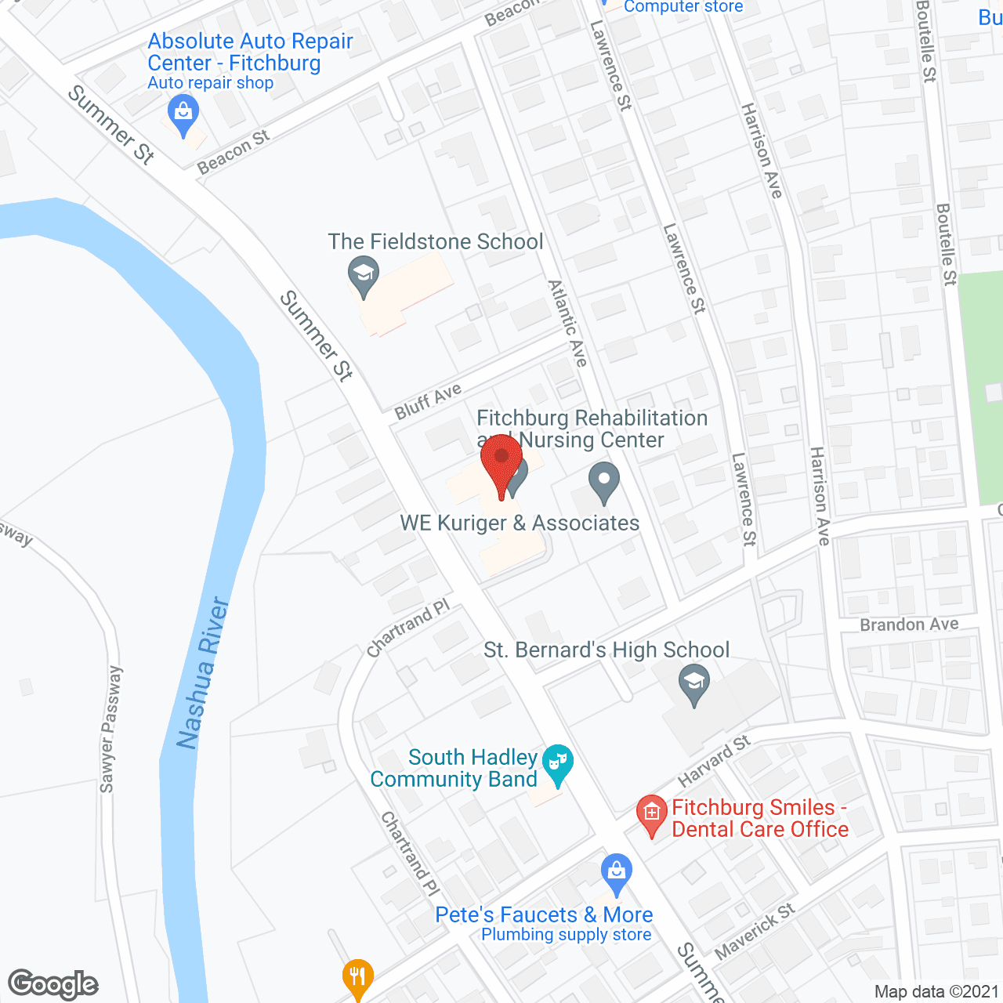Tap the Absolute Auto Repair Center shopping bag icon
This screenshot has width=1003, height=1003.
(183, 114)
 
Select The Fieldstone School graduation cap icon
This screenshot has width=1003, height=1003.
(363, 275)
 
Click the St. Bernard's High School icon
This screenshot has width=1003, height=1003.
(693, 683)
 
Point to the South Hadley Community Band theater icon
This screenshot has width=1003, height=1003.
(557, 763)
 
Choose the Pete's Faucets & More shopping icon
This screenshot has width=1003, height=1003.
(617, 872)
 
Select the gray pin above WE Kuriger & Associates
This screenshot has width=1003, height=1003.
(603, 481)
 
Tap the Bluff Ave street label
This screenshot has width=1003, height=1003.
(428, 401)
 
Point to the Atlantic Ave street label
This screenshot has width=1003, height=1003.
(568, 323)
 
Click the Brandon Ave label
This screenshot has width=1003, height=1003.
(909, 625)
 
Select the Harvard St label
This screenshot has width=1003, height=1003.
(714, 761)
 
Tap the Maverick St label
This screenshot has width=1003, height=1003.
(755, 930)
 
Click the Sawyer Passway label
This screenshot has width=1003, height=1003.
(110, 729)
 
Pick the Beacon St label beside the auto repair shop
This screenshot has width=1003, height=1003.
(234, 152)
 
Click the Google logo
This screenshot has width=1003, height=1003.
(53, 984)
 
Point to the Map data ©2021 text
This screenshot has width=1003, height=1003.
(936, 992)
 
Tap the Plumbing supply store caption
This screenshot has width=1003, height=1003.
(566, 935)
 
